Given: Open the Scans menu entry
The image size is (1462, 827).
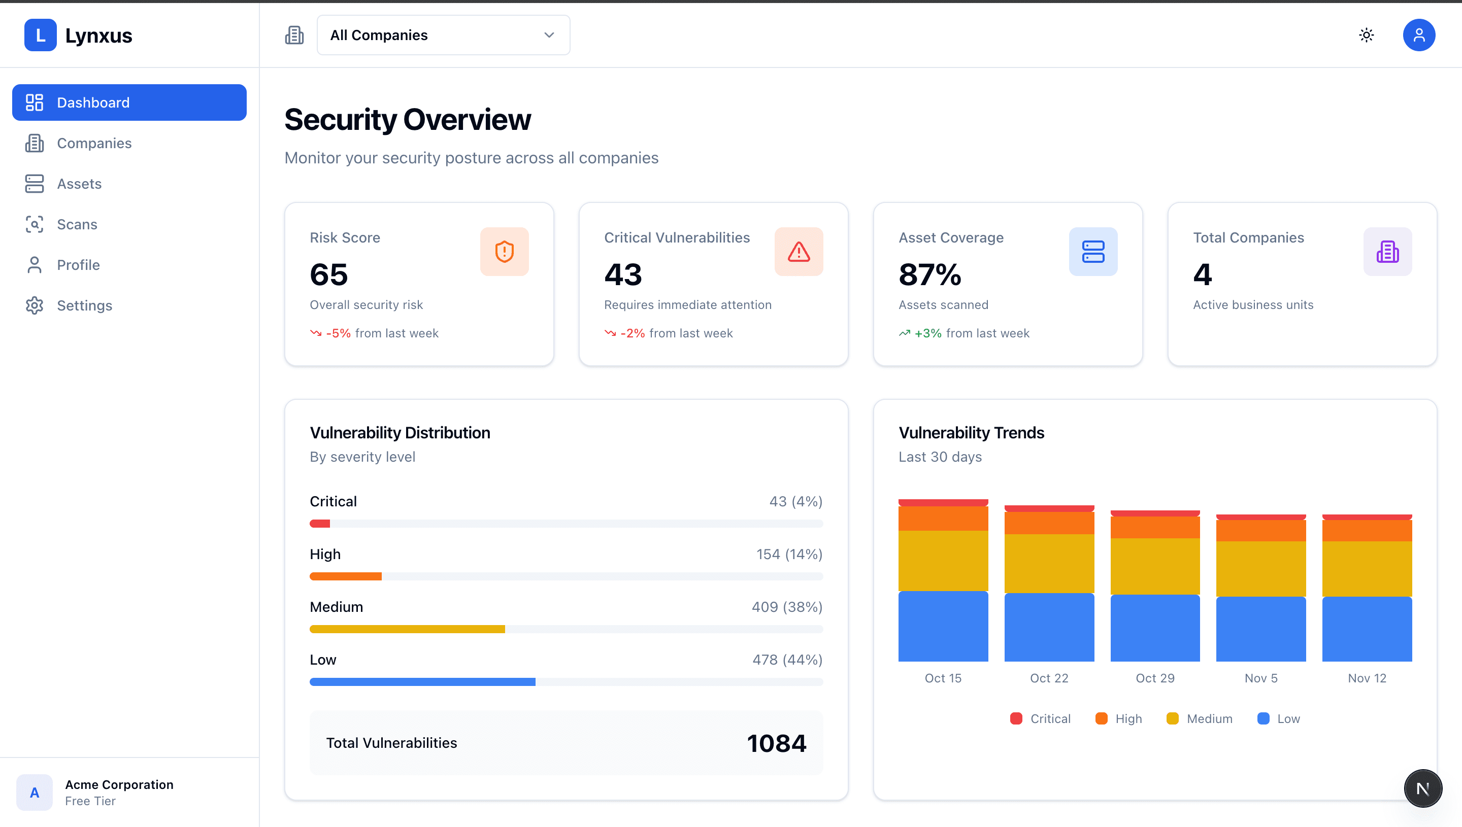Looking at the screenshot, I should (x=77, y=224).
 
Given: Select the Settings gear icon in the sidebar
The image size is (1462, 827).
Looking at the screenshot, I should (x=34, y=305).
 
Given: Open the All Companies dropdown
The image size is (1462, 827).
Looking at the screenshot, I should (x=443, y=35).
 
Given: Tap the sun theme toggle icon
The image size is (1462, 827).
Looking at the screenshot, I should (x=1366, y=35).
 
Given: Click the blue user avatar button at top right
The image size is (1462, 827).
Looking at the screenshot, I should (x=1418, y=35).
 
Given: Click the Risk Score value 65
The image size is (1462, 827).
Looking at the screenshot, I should (x=328, y=275).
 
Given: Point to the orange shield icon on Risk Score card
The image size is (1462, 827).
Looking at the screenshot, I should (x=504, y=252).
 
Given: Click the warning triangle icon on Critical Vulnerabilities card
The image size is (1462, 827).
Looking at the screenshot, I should (x=799, y=252).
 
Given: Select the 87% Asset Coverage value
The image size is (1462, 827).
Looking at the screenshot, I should (x=929, y=275).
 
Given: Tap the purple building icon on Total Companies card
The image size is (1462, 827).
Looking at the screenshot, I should (x=1387, y=252).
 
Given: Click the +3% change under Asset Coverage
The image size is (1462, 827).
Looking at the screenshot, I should (x=927, y=333).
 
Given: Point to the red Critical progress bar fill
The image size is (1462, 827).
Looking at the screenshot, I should (x=320, y=524).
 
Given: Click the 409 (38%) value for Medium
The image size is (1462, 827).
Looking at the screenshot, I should (x=786, y=607).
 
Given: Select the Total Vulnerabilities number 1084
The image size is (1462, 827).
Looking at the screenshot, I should (x=776, y=743).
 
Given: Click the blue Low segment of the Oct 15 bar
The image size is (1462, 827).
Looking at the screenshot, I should (x=943, y=626).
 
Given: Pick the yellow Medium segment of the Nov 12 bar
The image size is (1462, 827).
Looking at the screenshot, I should (x=1367, y=569).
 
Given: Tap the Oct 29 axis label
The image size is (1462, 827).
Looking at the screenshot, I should (x=1154, y=678).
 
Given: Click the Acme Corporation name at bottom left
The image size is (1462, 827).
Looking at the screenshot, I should (x=119, y=784).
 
